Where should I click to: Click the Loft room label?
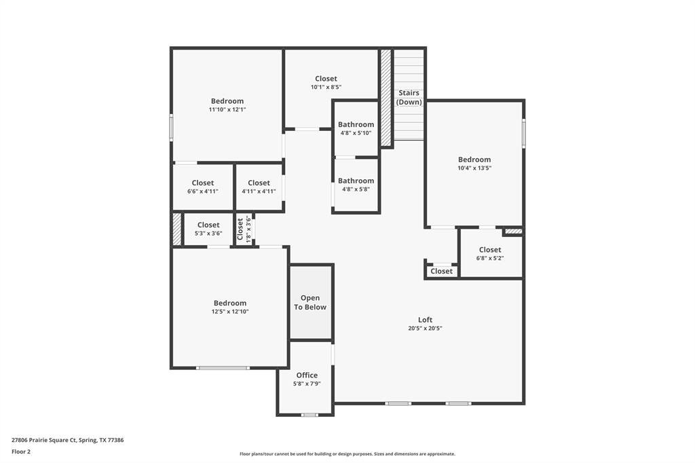[x=425, y=320]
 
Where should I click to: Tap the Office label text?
[x=307, y=375]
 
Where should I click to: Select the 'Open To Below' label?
[x=310, y=303]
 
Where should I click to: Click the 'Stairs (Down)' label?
[x=409, y=97]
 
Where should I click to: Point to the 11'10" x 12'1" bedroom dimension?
[x=227, y=109]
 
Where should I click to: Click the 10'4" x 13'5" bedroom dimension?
[x=474, y=168]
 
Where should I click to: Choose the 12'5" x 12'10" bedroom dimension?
[x=230, y=312]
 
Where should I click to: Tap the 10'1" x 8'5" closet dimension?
[x=326, y=88]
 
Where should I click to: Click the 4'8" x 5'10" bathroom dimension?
[x=356, y=133]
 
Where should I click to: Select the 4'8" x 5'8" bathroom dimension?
[x=356, y=189]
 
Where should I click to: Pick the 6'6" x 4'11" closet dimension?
[x=202, y=191]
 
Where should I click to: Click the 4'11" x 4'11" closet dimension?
[x=259, y=191]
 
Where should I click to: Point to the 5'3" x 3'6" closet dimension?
[x=208, y=234]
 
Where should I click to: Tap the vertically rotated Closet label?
[x=240, y=229]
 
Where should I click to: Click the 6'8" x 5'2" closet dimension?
[x=490, y=258]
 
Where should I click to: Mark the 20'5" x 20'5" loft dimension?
[x=425, y=329]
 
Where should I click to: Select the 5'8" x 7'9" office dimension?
[x=307, y=384]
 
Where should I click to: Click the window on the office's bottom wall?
[x=309, y=415]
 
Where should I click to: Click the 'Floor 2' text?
[x=21, y=452]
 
